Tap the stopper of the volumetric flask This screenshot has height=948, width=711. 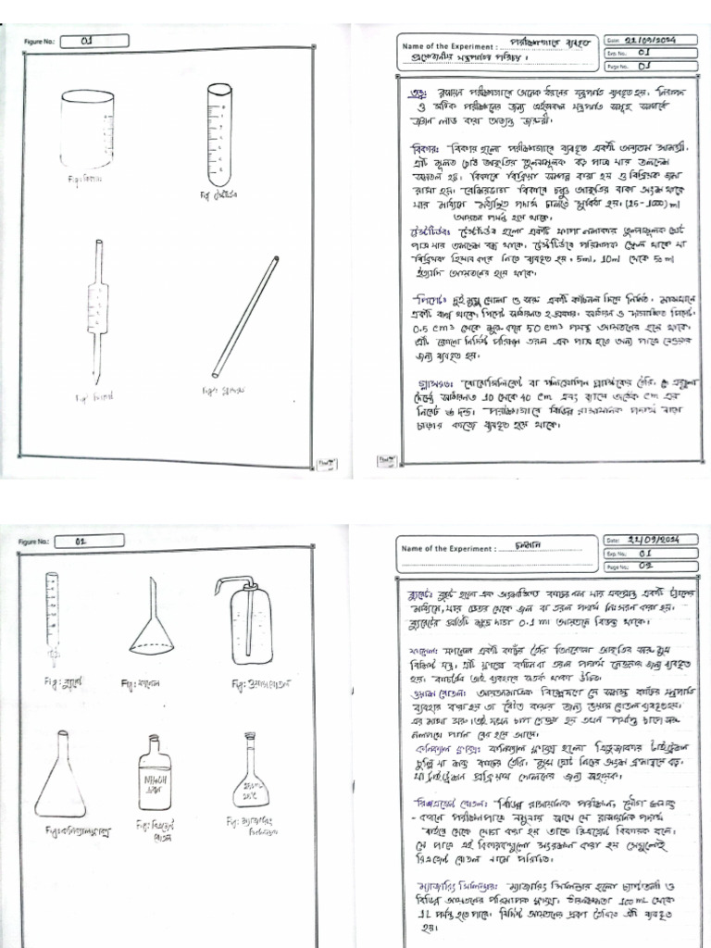tap(249, 738)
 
